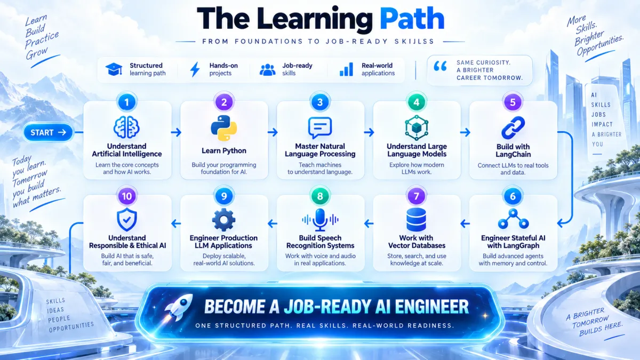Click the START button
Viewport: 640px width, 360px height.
pos(48,132)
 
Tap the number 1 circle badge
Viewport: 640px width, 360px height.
pos(126,102)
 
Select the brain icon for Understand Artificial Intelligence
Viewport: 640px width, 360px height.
pos(126,127)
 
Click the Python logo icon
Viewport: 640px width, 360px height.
pos(223,128)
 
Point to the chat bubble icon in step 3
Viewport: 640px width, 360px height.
pos(320,127)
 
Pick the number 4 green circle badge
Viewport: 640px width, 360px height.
pos(417,102)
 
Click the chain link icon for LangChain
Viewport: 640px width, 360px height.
pos(513,127)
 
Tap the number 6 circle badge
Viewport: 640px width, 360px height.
pos(513,196)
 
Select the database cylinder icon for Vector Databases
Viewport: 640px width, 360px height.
pos(417,220)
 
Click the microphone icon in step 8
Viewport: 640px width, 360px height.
pos(320,220)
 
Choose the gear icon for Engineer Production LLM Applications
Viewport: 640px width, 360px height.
pos(223,220)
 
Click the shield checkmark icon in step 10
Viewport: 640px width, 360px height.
pos(126,219)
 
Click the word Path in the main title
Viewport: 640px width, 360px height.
pos(412,19)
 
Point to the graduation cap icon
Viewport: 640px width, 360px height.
pos(114,69)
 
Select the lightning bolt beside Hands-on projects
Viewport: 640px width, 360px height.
pos(195,69)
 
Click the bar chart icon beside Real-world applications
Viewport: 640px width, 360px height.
pos(346,69)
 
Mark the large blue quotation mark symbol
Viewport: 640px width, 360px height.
pos(440,66)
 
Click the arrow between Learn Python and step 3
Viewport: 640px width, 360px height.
pos(273,132)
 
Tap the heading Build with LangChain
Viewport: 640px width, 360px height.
pos(513,150)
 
